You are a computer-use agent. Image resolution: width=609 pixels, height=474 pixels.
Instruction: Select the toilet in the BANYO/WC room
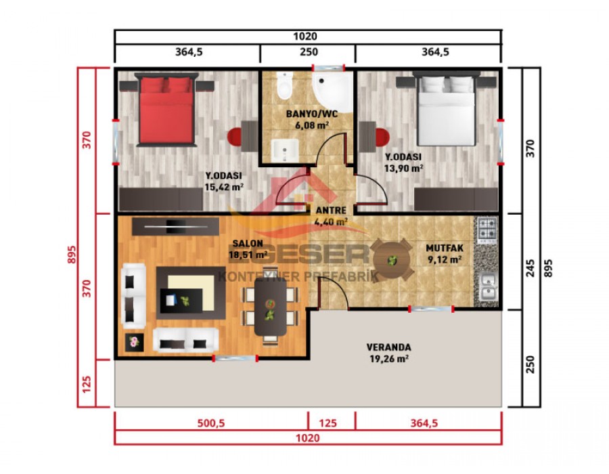pyautogui.click(x=284, y=86)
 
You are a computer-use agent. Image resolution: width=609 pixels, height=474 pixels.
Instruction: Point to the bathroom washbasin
pyautogui.click(x=285, y=150)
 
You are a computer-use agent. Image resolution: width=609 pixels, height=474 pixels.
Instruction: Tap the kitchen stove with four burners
pyautogui.click(x=488, y=230)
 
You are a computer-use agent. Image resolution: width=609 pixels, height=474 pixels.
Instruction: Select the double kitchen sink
pyautogui.click(x=488, y=288)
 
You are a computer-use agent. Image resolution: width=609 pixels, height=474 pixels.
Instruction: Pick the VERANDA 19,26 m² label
pyautogui.click(x=388, y=353)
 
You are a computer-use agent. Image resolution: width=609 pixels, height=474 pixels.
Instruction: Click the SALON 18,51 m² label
pyautogui.click(x=249, y=249)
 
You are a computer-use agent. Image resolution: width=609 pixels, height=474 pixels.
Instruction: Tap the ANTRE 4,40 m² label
pyautogui.click(x=331, y=215)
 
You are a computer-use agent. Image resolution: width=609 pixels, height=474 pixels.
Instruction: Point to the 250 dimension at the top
pyautogui.click(x=308, y=52)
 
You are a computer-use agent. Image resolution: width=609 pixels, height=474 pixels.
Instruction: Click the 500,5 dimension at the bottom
pyautogui.click(x=211, y=423)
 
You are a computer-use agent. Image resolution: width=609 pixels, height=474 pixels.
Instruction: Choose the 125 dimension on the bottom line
pyautogui.click(x=328, y=423)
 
